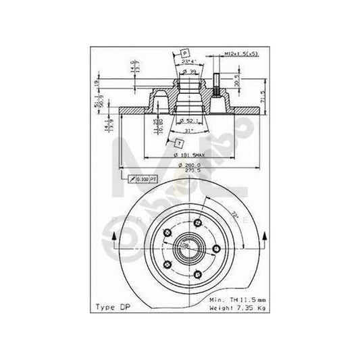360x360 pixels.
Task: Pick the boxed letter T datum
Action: (178, 143)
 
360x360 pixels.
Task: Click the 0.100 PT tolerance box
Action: (143, 178)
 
